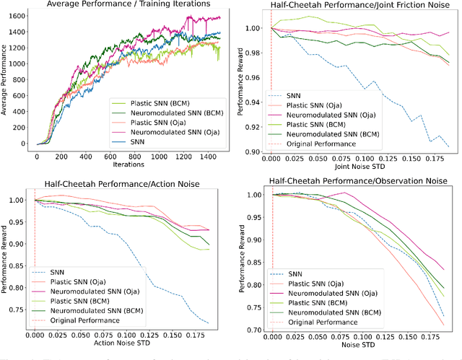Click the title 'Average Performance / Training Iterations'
[x=128, y=5]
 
